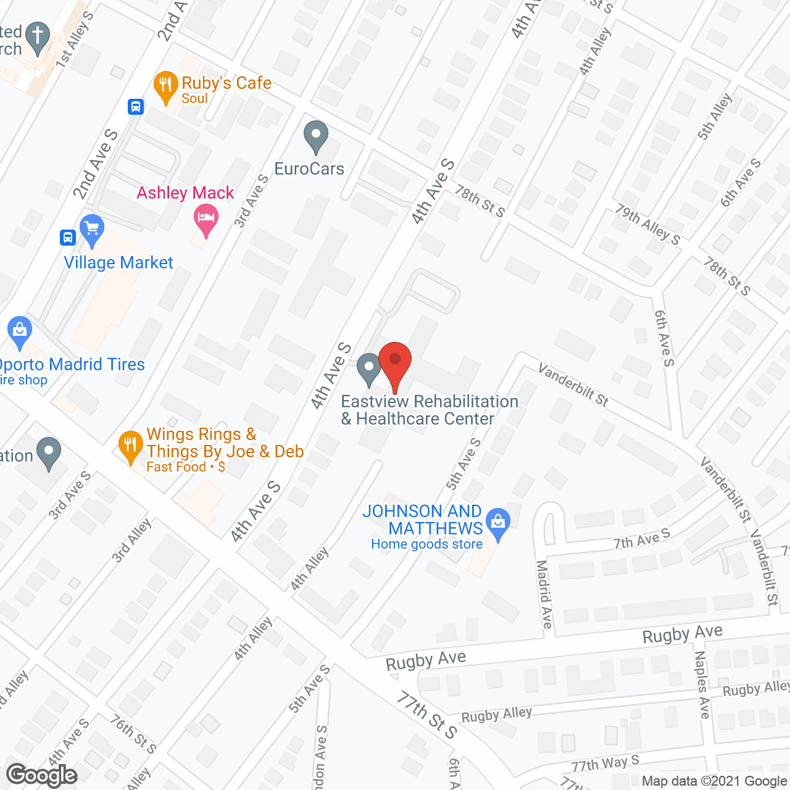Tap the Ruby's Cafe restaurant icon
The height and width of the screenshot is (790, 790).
[x=165, y=86]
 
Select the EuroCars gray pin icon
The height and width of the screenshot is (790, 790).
[x=316, y=136]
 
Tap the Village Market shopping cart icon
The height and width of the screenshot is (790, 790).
[x=92, y=230]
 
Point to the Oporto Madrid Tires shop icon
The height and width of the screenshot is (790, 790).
[x=20, y=331]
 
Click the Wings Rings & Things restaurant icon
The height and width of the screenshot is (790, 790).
[x=130, y=446]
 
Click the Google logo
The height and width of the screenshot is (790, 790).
[x=42, y=775]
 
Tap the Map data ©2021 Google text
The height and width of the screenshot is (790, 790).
[x=715, y=781]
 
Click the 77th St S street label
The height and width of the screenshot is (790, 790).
[x=426, y=715]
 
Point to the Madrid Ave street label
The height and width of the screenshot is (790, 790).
[x=544, y=594]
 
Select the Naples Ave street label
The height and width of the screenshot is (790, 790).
[x=702, y=684]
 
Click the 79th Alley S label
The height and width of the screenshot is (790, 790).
[x=647, y=225]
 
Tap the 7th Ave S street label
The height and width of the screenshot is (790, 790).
[x=641, y=539]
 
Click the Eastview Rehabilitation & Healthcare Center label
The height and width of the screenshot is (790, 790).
[x=430, y=410]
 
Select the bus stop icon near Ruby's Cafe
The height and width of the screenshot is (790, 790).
[x=136, y=107]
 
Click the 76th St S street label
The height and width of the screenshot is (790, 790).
[x=133, y=734]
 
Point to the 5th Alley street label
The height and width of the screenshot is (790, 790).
[x=715, y=116]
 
